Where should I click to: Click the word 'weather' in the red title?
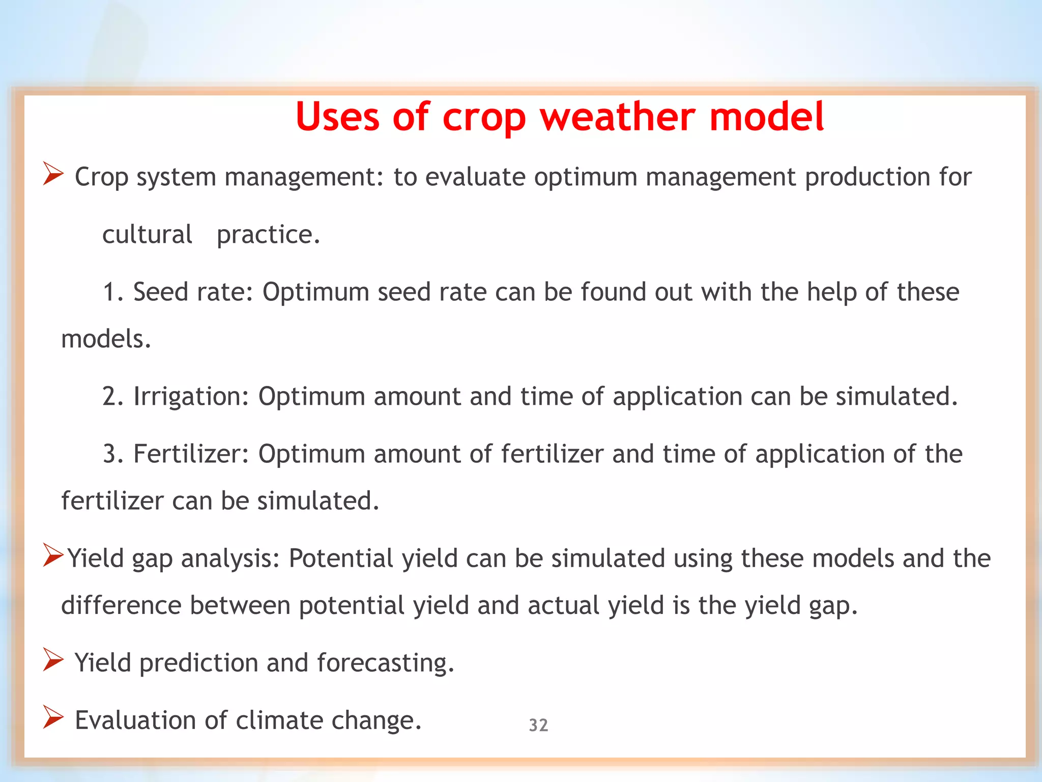pyautogui.click(x=617, y=117)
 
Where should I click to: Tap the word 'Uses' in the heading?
pyautogui.click(x=337, y=117)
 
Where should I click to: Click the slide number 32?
pyautogui.click(x=538, y=725)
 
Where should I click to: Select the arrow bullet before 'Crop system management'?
pyautogui.click(x=53, y=174)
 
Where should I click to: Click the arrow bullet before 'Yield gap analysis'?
pyautogui.click(x=53, y=555)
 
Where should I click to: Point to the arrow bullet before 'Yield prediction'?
pyautogui.click(x=53, y=660)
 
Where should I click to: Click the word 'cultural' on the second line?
pyautogui.click(x=147, y=234)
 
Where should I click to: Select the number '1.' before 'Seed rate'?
pyautogui.click(x=113, y=292)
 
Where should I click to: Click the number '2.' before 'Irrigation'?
pyautogui.click(x=113, y=396)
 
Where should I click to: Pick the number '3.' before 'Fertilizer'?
pyautogui.click(x=113, y=454)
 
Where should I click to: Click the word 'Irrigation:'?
pyautogui.click(x=191, y=396)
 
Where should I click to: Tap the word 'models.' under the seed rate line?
pyautogui.click(x=106, y=339)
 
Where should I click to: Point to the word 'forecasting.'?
pyautogui.click(x=385, y=663)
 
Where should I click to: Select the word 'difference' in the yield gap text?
pyautogui.click(x=121, y=605)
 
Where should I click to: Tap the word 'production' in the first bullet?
pyautogui.click(x=867, y=177)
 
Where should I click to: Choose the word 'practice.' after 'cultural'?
pyautogui.click(x=268, y=235)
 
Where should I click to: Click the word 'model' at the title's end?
pyautogui.click(x=766, y=117)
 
